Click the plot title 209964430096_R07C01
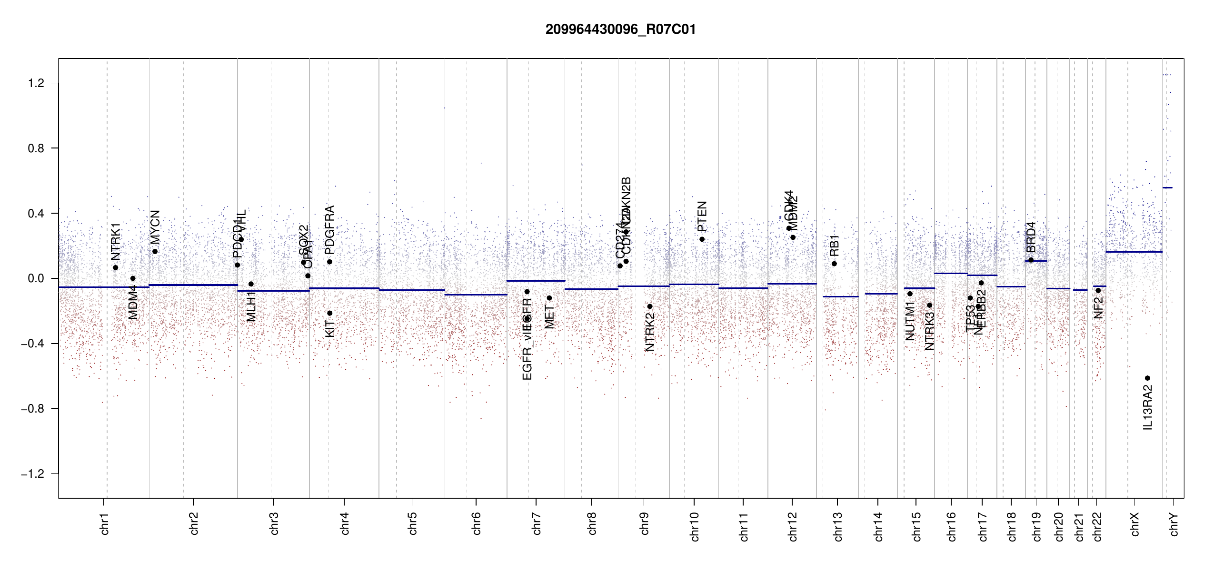point(620,30)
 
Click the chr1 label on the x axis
point(105,523)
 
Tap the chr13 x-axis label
point(837,526)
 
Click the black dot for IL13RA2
point(1147,378)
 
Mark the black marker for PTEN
point(702,239)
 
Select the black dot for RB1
point(834,264)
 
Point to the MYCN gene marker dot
point(155,252)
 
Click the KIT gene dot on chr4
point(329,313)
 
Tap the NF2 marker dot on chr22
point(1098,290)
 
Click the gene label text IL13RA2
point(1148,407)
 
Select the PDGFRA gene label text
point(329,229)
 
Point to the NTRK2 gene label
point(650,332)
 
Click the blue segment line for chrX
point(1134,252)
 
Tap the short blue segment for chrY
point(1167,187)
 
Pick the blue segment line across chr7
point(536,281)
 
